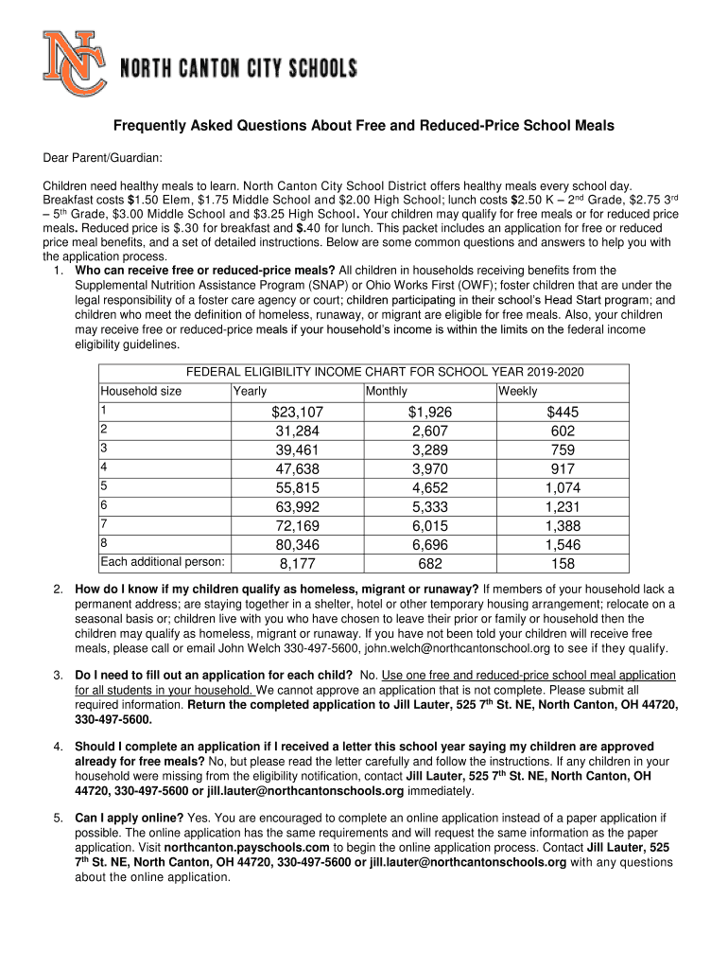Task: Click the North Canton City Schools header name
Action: click(x=237, y=69)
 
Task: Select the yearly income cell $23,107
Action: click(x=297, y=412)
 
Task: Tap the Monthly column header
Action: click(x=386, y=391)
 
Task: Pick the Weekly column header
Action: click(x=517, y=391)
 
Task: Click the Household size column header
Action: click(x=142, y=391)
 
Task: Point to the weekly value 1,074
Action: click(x=563, y=487)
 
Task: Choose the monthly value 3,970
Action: click(x=430, y=468)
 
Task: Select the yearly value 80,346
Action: click(x=297, y=544)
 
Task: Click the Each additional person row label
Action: click(x=163, y=562)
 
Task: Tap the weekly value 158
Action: click(x=563, y=564)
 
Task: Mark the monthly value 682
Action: click(x=430, y=564)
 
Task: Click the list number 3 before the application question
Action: click(x=58, y=675)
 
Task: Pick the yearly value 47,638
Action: click(x=297, y=468)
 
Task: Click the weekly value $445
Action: click(x=563, y=412)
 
